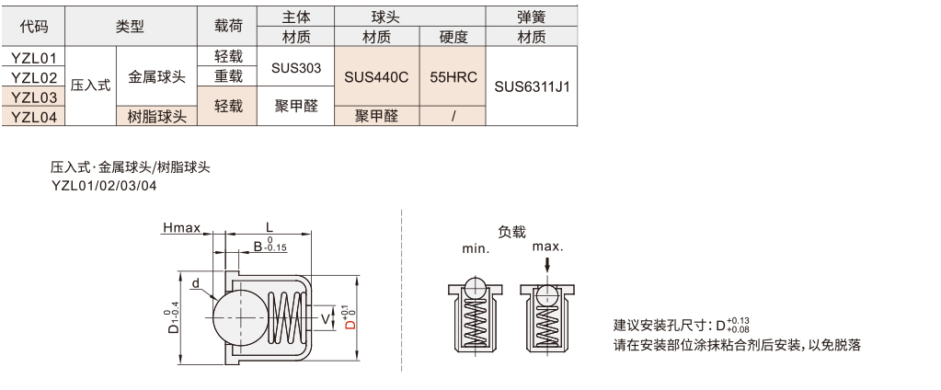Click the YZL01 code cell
click(34, 58)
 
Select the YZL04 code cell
click(34, 117)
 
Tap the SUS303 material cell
click(295, 67)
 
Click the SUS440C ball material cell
click(375, 77)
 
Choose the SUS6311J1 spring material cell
click(532, 87)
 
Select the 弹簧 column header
click(532, 17)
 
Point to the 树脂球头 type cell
click(156, 117)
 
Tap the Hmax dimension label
click(181, 227)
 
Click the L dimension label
click(269, 226)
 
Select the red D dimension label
click(349, 317)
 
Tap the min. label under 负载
click(476, 248)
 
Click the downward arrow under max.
click(547, 264)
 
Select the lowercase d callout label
click(195, 284)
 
